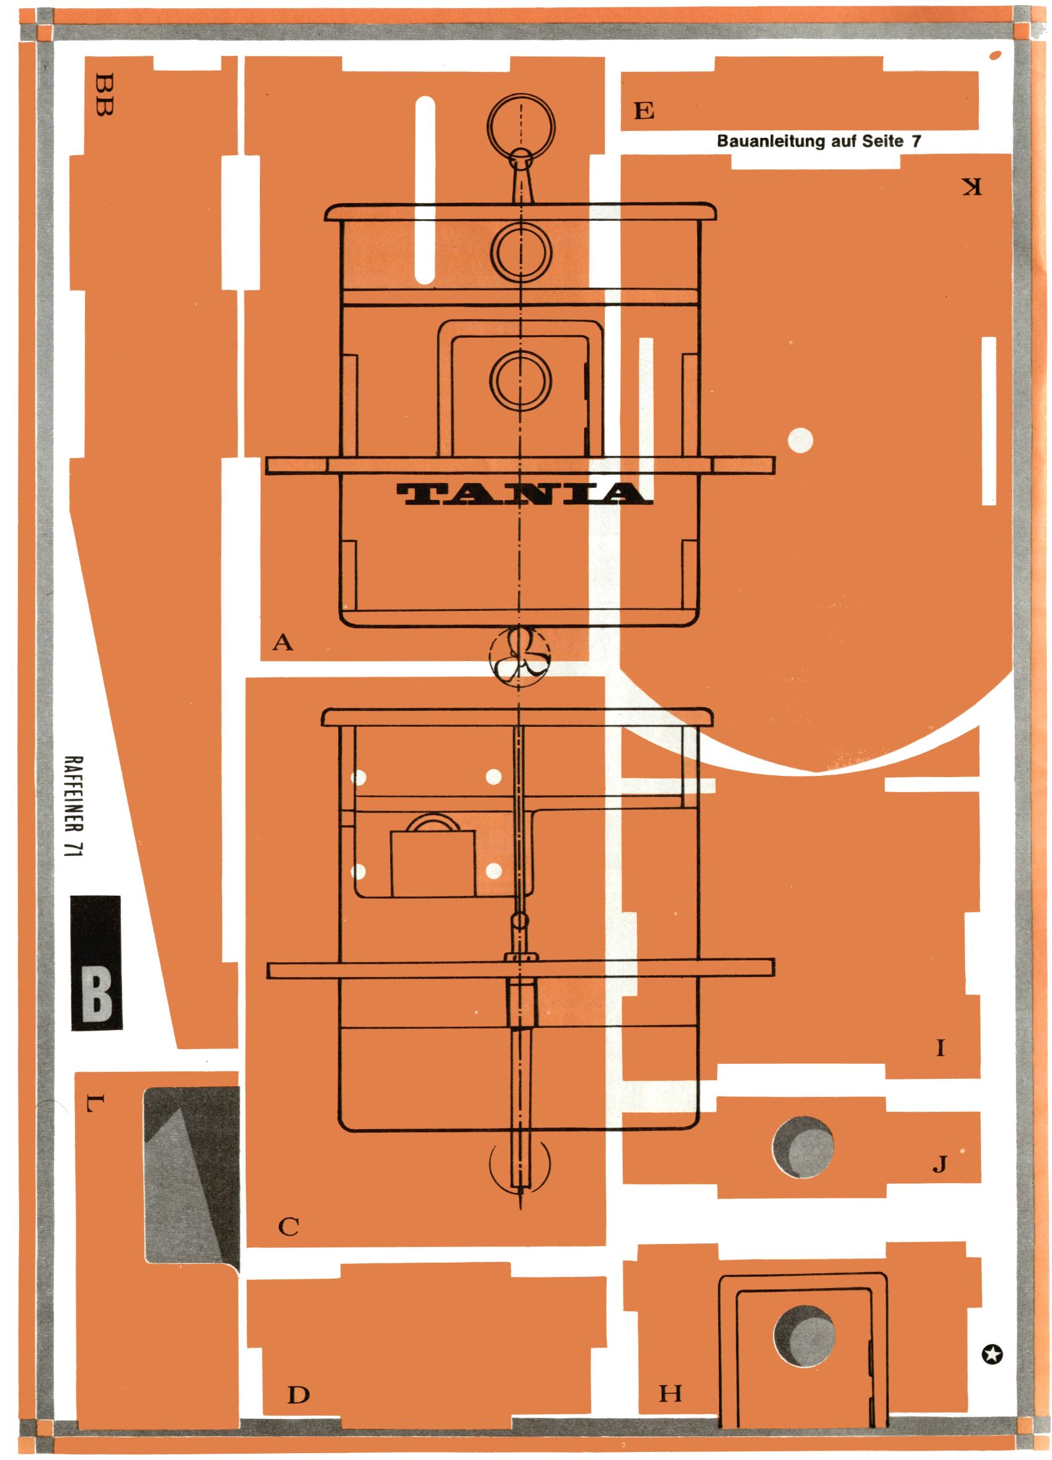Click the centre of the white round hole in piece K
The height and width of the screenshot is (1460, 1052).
click(x=800, y=441)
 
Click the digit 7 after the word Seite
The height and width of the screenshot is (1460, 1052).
click(x=916, y=142)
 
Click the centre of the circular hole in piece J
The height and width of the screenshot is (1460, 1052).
click(x=803, y=1147)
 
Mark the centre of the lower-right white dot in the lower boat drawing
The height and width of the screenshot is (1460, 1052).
click(x=494, y=872)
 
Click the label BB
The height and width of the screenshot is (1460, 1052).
click(x=103, y=94)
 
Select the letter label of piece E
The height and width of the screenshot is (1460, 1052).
click(x=643, y=111)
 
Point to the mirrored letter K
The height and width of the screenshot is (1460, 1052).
click(x=971, y=187)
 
